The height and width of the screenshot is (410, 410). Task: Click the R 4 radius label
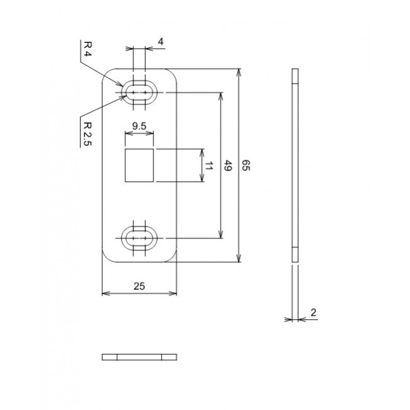(x=88, y=49)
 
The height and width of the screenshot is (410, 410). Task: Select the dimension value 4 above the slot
(x=161, y=42)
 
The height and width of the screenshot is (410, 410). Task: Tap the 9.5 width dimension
(x=139, y=126)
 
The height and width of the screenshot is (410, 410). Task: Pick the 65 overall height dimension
(x=247, y=167)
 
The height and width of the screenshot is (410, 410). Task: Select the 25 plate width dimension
(x=139, y=286)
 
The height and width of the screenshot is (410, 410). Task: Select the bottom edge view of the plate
(x=139, y=357)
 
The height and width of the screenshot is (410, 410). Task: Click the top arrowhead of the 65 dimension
(x=238, y=71)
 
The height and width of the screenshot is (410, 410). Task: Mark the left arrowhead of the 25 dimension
(x=105, y=293)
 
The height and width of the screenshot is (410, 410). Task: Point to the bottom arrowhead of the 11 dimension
(x=202, y=180)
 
